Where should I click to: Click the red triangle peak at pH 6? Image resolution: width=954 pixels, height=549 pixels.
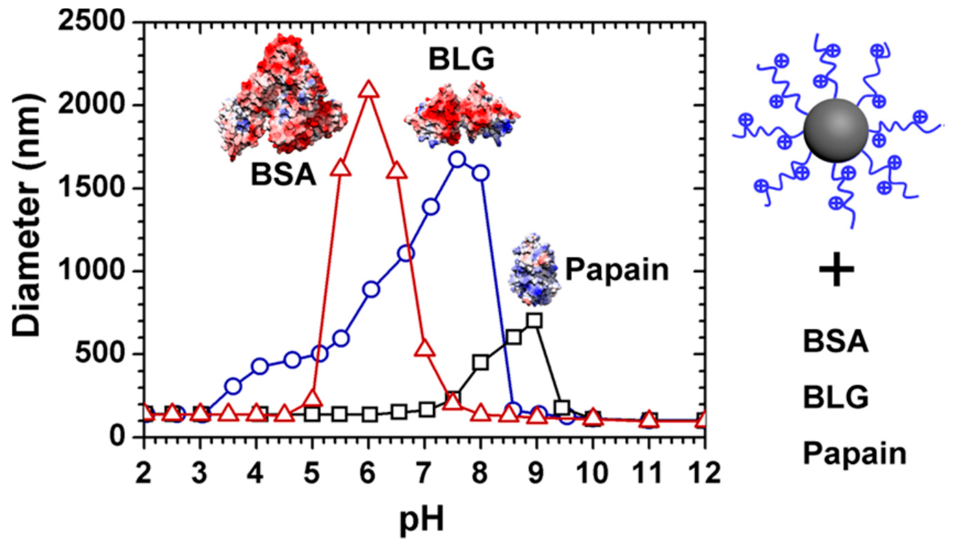tap(368, 90)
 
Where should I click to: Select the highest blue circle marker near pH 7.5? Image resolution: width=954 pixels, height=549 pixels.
tap(457, 159)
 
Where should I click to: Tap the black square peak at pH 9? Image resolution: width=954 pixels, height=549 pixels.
tap(535, 321)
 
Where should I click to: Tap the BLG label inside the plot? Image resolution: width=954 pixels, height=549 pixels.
tap(461, 60)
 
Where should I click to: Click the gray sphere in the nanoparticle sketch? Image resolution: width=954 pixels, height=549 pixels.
tap(836, 130)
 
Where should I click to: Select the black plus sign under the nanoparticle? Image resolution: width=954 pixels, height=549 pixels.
tap(836, 269)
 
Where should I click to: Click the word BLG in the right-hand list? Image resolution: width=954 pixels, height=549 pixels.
tap(835, 398)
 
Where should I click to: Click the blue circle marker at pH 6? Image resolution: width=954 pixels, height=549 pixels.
tap(371, 290)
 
